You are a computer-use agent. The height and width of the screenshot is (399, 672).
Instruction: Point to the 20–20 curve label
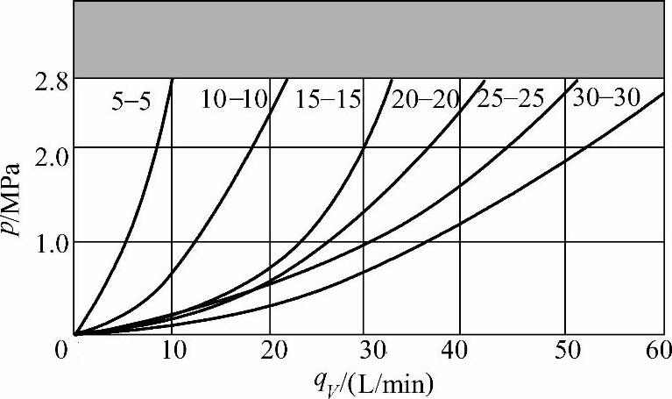pos(426,99)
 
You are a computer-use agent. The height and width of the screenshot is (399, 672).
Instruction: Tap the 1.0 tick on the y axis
pos(51,242)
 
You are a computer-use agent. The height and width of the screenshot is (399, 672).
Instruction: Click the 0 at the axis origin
pos(60,351)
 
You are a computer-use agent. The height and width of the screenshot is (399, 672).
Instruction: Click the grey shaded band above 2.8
pos(368,39)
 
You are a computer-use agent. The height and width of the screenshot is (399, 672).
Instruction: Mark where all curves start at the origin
pos(76,334)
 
